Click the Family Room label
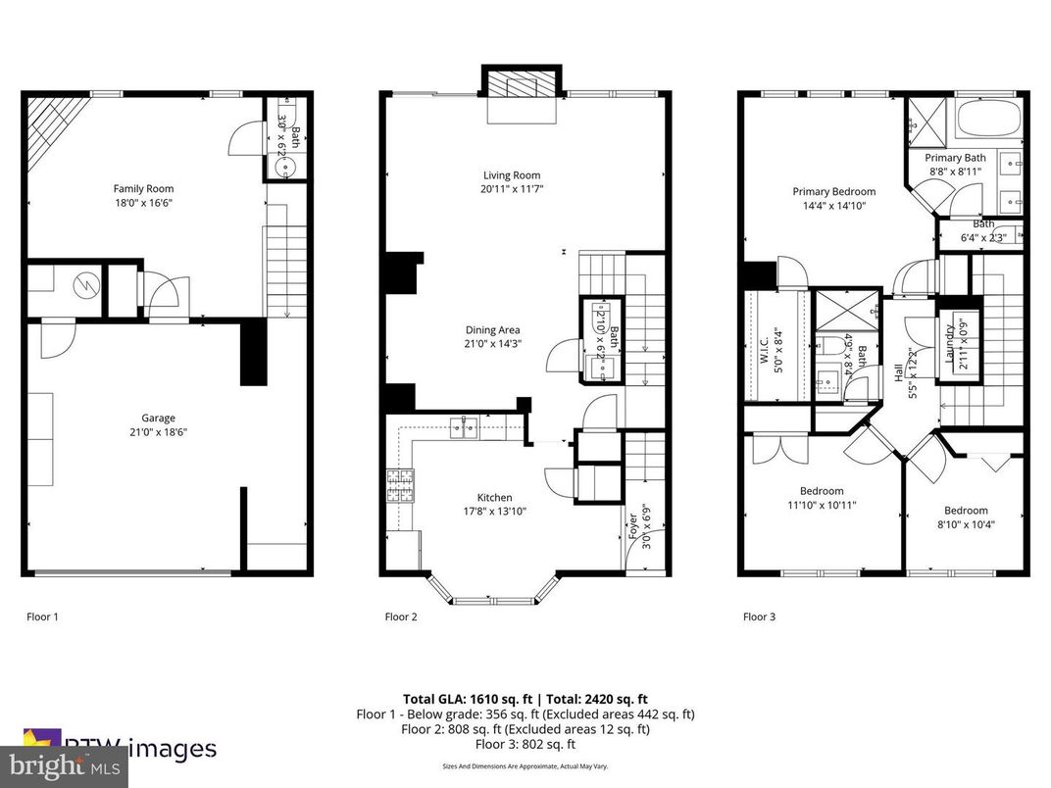143,189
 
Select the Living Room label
512,175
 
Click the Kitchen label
494,498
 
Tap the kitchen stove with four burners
400,485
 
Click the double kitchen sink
464,426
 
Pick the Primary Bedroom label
833,192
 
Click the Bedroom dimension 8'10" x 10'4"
966,524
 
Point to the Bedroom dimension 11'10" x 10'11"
822,506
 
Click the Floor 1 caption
42,617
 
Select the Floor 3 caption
759,617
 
